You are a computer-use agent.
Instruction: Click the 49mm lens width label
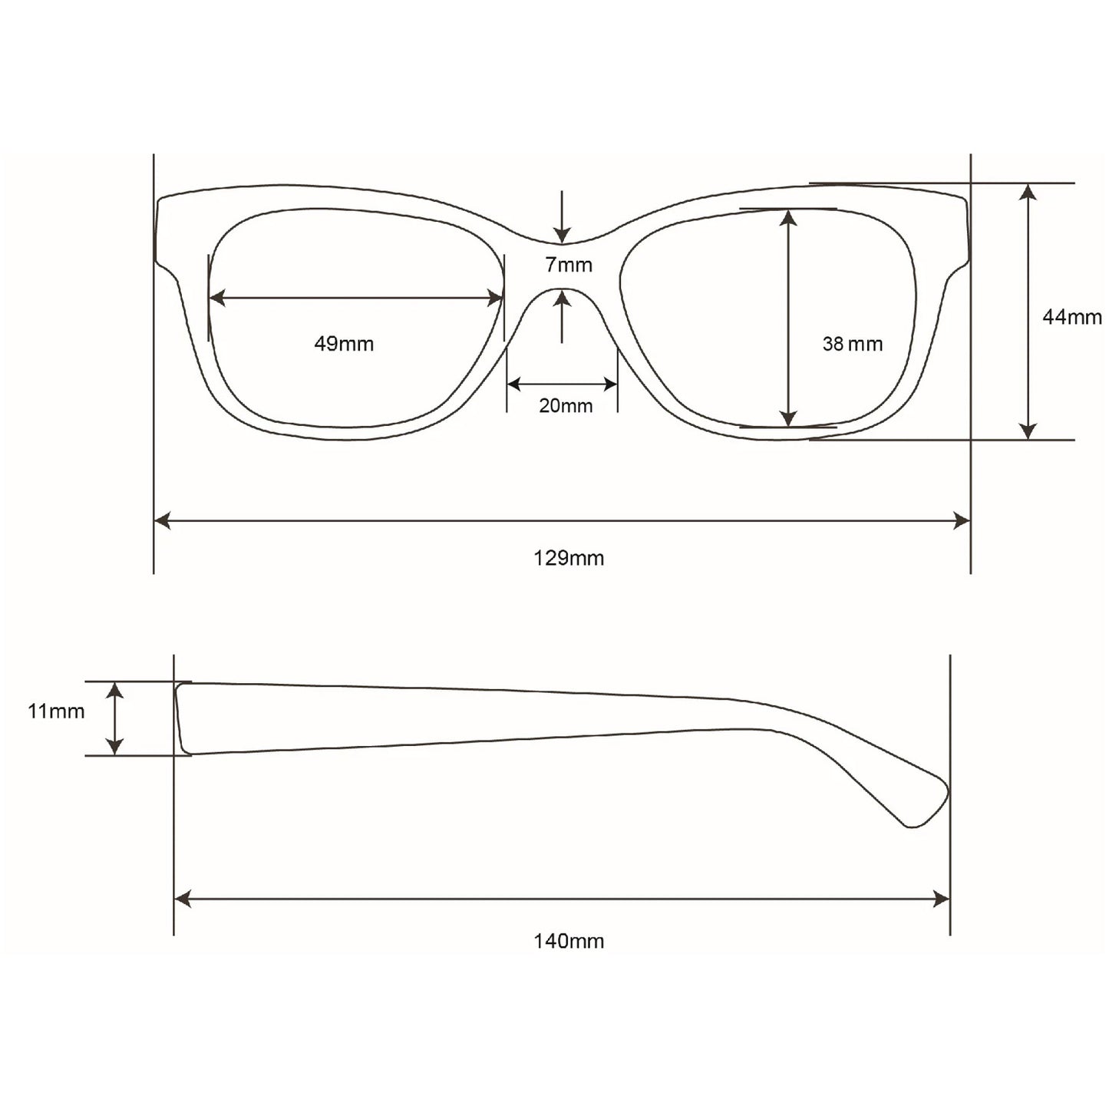(x=344, y=344)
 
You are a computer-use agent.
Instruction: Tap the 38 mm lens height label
(x=852, y=344)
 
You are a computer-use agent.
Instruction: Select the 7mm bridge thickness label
(x=569, y=265)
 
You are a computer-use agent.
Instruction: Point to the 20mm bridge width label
(x=566, y=405)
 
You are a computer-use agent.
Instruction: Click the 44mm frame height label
(x=1071, y=316)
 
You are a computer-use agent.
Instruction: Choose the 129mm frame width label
(x=569, y=558)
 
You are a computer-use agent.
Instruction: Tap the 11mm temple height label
(x=56, y=711)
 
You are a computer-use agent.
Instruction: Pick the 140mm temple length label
(x=569, y=940)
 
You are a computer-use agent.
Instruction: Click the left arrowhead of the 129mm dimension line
(x=162, y=521)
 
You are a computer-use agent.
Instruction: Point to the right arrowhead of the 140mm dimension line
(x=942, y=899)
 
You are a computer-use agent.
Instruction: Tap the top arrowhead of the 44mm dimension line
(x=1028, y=191)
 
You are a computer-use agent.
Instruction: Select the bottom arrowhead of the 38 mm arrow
(x=788, y=418)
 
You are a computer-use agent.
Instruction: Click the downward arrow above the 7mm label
(x=563, y=235)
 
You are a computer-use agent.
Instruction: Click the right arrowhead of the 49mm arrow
(x=496, y=298)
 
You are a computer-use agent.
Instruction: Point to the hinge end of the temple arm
(x=181, y=718)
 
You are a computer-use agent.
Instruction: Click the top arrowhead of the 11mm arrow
(x=114, y=689)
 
